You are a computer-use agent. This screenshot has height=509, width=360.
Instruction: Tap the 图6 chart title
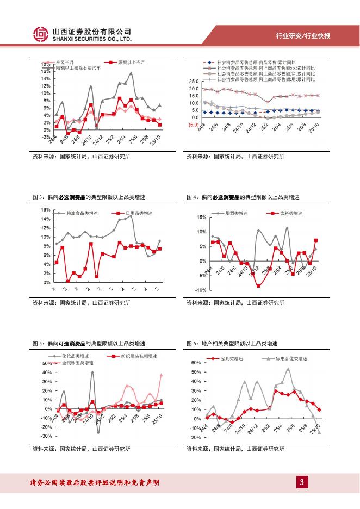coord(232,343)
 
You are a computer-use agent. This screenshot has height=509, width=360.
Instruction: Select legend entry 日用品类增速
coord(135,213)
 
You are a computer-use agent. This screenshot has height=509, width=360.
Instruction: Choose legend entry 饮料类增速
coord(291,213)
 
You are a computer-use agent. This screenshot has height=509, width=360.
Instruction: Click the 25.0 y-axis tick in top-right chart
coord(194,81)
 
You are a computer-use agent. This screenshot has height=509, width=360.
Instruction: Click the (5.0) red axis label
coord(194,125)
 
